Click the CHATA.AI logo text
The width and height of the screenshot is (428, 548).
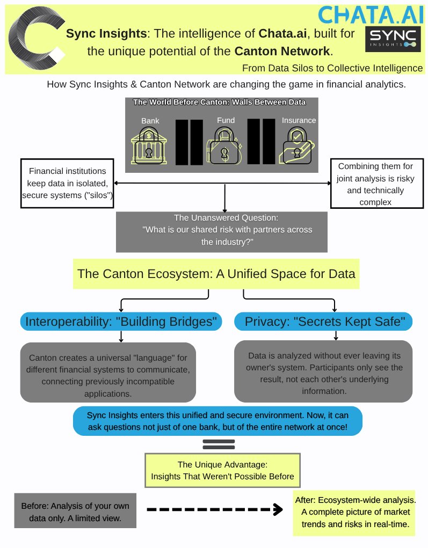(x=371, y=14)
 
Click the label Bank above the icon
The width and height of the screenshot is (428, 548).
(x=150, y=121)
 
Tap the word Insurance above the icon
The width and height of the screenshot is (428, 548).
(x=299, y=120)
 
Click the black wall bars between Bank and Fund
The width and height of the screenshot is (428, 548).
(x=189, y=142)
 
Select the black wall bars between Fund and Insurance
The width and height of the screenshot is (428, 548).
(x=261, y=142)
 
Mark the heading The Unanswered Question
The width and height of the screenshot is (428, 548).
(x=221, y=218)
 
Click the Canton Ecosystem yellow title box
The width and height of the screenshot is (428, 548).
(x=216, y=274)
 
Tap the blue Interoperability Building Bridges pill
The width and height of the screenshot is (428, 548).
(x=121, y=322)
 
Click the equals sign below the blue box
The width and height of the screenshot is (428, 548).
(x=219, y=444)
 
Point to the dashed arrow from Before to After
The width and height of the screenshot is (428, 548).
(x=215, y=509)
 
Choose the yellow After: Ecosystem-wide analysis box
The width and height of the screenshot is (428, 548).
(x=356, y=513)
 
